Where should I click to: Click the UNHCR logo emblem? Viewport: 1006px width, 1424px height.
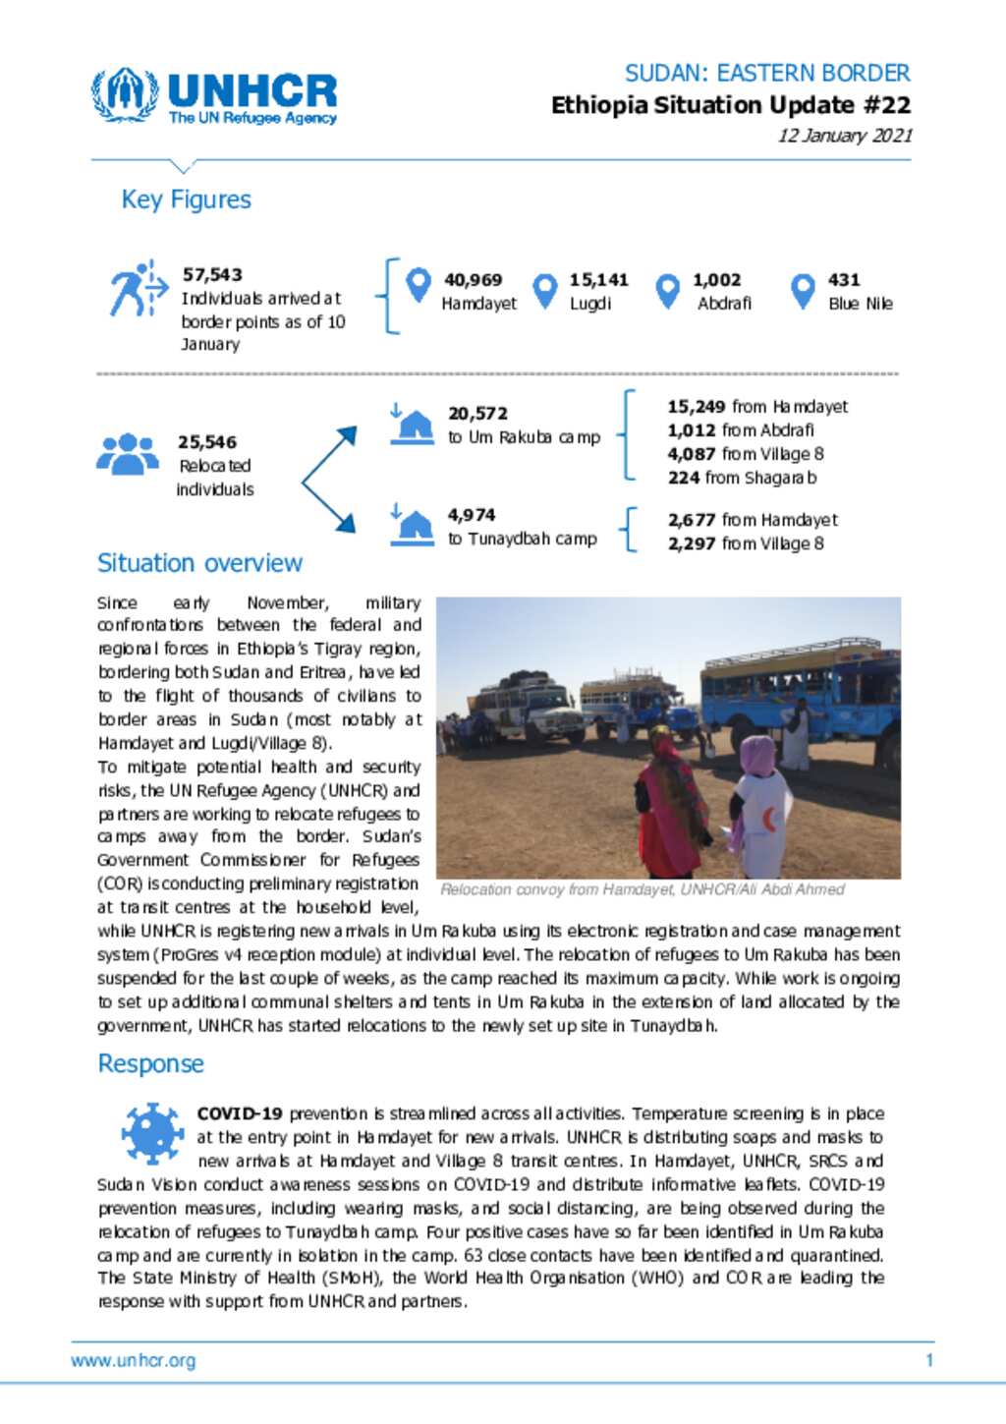point(125,94)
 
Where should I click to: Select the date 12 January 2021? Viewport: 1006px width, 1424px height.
point(845,136)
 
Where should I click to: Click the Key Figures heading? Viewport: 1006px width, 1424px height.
point(186,199)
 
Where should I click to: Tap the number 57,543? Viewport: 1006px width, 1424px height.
point(212,274)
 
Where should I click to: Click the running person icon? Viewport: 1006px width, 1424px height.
point(136,289)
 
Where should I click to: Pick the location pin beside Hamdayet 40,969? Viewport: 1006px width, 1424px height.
point(419,286)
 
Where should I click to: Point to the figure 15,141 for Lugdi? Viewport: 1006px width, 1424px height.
point(598,280)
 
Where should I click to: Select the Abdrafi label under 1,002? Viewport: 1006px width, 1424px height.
point(724,304)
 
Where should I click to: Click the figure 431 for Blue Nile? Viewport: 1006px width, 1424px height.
point(843,280)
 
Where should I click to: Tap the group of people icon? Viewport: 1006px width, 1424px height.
point(128,454)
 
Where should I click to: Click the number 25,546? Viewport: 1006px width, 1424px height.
point(207,442)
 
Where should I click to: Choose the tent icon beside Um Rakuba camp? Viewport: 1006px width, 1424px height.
point(414,425)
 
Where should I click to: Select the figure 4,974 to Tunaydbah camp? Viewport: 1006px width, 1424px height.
point(472,515)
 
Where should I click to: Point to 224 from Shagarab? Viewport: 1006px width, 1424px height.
point(742,478)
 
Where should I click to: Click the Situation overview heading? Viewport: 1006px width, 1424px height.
point(199,563)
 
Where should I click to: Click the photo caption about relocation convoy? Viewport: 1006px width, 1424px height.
point(643,889)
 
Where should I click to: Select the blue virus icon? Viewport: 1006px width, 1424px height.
point(152,1132)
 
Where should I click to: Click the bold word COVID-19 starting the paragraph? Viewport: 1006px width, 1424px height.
point(240,1113)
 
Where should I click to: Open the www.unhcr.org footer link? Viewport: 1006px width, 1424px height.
point(134,1361)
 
